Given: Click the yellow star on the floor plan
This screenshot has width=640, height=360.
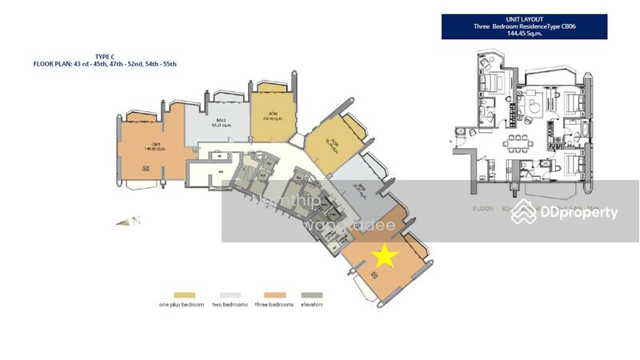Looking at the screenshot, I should tap(386, 256).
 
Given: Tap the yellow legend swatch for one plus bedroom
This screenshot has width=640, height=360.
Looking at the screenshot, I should tap(183, 295).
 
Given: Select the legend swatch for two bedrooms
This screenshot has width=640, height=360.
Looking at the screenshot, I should tap(226, 295).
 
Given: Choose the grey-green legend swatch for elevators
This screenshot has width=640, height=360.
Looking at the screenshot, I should tap(310, 295).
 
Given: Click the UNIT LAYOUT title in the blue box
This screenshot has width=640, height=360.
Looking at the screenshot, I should tap(524, 18).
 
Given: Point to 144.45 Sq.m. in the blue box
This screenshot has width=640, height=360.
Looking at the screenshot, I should tap(524, 34).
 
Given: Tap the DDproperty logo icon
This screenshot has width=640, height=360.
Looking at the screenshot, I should tap(524, 211).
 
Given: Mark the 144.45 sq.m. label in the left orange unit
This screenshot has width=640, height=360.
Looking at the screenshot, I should tap(146, 149).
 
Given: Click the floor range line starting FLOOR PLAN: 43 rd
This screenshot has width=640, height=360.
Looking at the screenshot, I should tap(105, 63).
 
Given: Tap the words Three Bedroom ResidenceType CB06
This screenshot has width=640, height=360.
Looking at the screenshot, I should tap(524, 26).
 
